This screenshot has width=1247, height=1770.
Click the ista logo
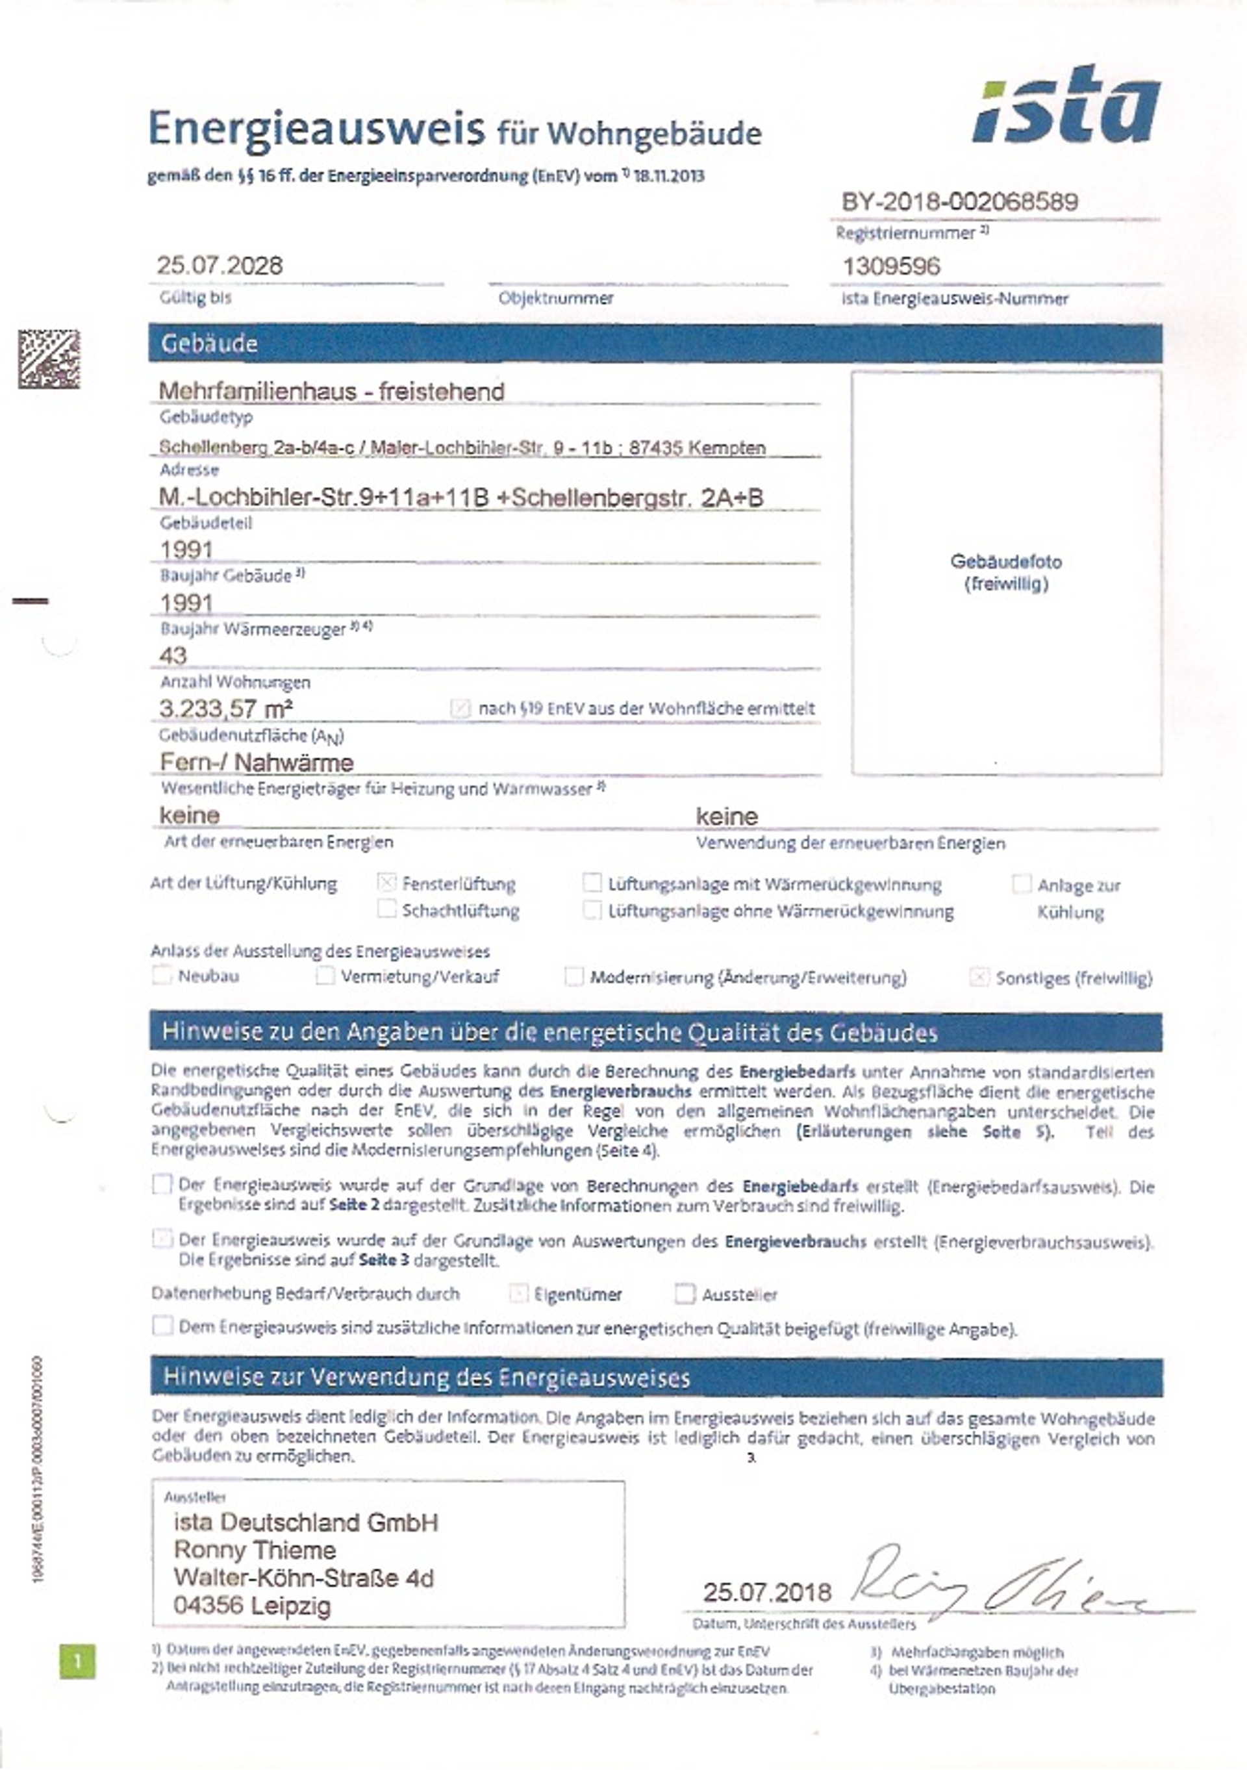1068,107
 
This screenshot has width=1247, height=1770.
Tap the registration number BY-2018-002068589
959,202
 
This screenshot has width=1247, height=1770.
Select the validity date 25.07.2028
220,266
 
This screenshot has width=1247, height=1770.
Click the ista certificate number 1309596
891,267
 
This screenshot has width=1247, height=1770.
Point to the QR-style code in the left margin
49,359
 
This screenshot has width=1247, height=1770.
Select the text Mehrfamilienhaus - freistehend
331,392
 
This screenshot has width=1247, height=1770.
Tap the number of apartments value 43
173,655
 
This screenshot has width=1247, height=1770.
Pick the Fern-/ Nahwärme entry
257,763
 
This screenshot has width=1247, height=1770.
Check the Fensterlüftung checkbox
387,883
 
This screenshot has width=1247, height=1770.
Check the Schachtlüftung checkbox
387,909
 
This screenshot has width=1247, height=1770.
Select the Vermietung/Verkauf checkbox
325,976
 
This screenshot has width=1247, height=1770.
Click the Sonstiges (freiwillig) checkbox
979,978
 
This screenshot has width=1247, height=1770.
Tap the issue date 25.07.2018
767,1592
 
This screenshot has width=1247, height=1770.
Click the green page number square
78,1662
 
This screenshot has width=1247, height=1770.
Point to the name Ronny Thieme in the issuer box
255,1550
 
